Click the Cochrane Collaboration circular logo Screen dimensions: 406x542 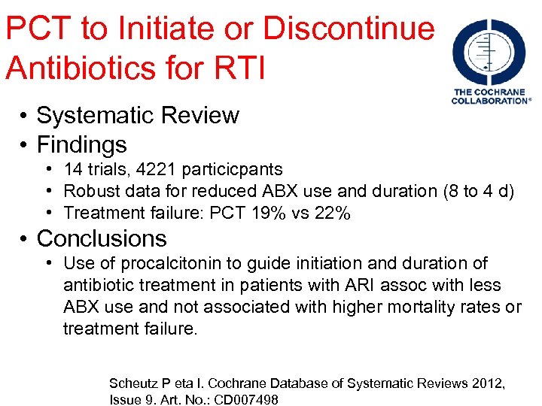(490, 52)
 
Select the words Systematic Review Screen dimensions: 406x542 (138, 116)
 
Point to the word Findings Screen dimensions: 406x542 (81, 144)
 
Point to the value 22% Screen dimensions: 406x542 (332, 214)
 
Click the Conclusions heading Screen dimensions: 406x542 (102, 238)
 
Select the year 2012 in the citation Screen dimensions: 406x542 (488, 383)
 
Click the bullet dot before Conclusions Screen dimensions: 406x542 (25, 239)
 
